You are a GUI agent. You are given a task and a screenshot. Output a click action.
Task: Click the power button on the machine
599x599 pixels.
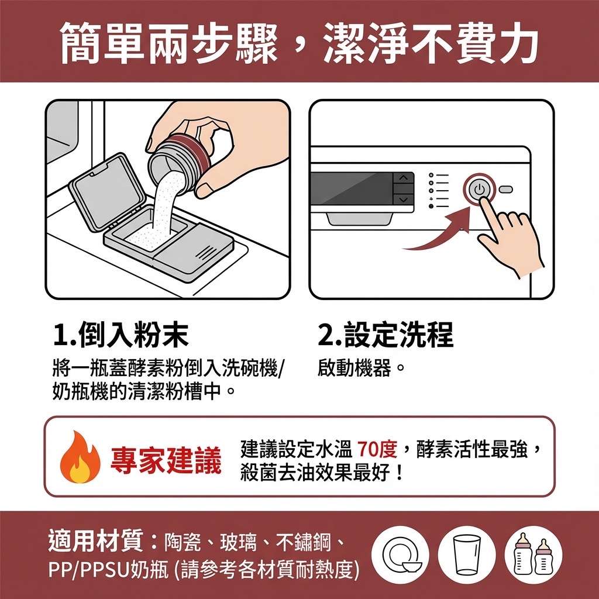click(x=479, y=189)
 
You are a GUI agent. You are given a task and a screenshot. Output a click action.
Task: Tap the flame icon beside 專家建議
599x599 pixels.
click(x=80, y=457)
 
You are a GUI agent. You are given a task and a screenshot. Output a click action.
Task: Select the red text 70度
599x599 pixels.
click(x=378, y=449)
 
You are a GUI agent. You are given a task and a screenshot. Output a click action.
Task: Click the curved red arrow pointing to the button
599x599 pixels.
click(x=439, y=233)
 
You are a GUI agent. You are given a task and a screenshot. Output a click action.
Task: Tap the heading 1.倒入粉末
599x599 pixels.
click(x=121, y=335)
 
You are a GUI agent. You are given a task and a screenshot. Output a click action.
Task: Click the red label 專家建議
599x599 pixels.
click(x=166, y=460)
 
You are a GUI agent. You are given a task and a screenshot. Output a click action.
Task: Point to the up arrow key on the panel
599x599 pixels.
click(x=404, y=178)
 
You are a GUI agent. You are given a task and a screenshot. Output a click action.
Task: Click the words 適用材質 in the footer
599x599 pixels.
click(x=95, y=541)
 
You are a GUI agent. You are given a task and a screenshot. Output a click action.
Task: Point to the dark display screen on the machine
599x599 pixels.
click(x=352, y=188)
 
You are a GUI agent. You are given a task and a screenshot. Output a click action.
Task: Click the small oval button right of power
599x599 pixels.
click(x=505, y=189)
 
